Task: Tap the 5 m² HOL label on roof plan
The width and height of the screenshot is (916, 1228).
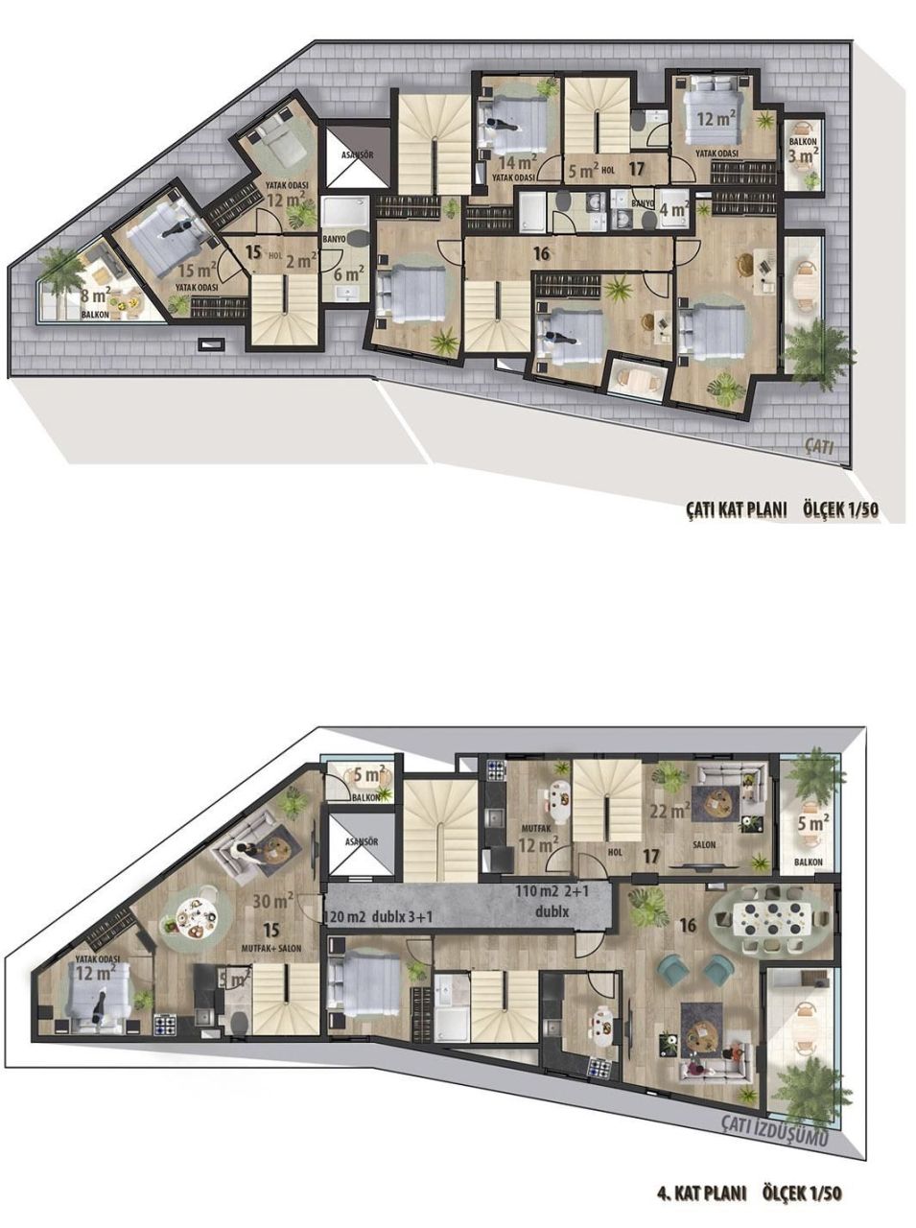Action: (588, 171)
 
